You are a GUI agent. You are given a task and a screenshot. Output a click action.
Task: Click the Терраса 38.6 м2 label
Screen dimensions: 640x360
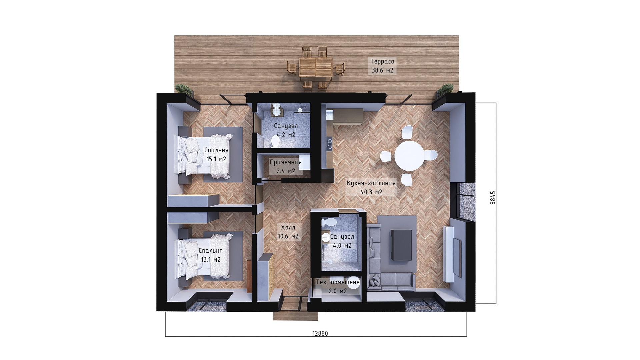click(382, 66)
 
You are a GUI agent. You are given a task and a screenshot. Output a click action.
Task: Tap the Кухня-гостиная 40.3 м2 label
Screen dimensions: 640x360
click(371, 188)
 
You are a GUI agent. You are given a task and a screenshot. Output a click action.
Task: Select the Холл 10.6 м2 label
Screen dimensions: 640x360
click(288, 232)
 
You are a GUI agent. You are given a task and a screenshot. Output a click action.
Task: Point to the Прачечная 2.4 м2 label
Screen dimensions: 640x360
click(286, 167)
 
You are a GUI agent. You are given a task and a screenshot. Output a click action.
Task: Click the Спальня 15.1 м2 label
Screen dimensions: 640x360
click(216, 155)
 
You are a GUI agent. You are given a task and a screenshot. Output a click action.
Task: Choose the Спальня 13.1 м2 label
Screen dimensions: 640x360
click(211, 255)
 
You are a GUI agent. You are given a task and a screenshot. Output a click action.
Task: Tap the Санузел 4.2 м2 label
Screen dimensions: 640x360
click(286, 130)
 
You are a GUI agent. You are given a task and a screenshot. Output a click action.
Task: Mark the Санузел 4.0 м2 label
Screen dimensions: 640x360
click(342, 241)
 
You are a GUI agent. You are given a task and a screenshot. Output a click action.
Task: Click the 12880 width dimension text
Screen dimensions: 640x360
click(320, 333)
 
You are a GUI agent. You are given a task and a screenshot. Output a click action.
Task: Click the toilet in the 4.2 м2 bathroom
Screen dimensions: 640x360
click(275, 142)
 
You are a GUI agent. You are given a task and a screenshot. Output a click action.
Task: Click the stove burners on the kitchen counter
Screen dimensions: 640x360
click(330, 144)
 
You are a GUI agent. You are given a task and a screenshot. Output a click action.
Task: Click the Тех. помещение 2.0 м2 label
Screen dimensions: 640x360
click(338, 287)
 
